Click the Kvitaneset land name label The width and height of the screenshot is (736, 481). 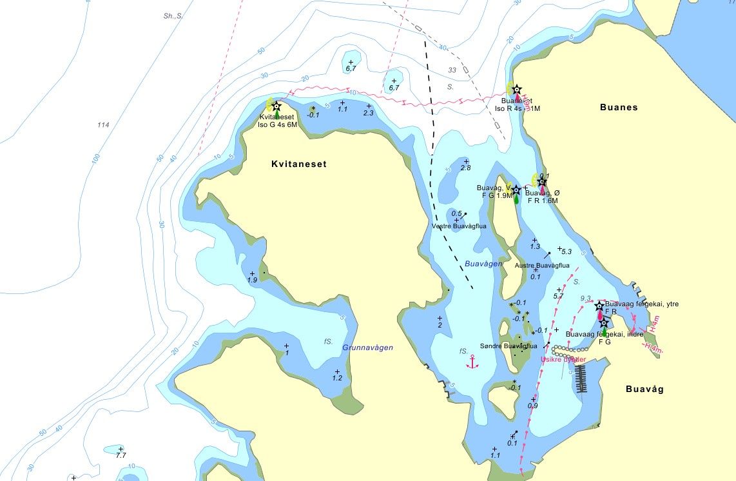(298, 164)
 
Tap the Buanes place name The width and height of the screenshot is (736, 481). (619, 108)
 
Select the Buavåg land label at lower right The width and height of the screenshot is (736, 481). (644, 389)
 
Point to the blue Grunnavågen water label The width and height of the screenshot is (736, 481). (367, 348)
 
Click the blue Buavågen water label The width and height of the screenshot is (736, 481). (483, 264)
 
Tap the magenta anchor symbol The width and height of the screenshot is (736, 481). (473, 362)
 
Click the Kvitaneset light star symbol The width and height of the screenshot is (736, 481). (276, 106)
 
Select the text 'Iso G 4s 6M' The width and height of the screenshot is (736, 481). (278, 125)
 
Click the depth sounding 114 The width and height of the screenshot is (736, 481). (103, 124)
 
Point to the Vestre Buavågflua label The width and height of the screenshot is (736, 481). (459, 226)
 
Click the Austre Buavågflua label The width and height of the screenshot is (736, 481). (542, 265)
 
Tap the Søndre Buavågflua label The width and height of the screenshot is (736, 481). (509, 346)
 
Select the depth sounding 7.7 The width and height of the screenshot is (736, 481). (121, 456)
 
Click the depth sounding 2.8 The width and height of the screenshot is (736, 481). (465, 168)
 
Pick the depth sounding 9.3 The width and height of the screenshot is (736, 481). (586, 299)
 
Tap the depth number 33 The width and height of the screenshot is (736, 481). (452, 70)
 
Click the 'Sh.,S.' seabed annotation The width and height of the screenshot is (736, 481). (173, 16)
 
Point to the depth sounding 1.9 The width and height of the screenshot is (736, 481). (253, 280)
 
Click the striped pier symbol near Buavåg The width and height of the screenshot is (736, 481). (581, 378)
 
